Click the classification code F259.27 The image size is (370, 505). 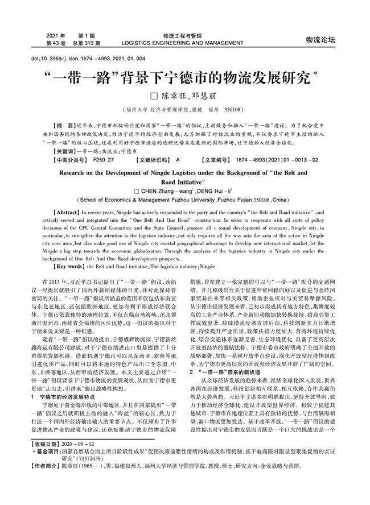tap(103, 161)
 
